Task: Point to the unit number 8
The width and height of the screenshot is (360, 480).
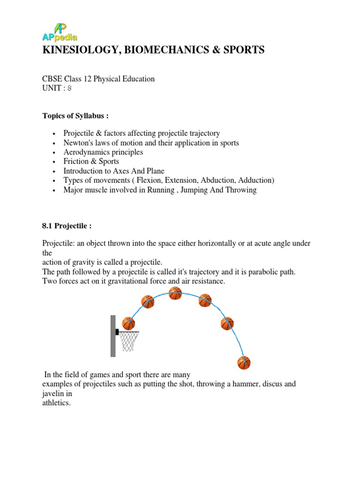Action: point(69,88)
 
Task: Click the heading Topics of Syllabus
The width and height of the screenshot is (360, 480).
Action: point(75,116)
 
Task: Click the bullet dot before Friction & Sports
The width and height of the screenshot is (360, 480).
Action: point(55,162)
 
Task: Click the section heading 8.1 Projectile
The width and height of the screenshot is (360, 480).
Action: point(67,226)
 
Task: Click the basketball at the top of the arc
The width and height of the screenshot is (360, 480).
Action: point(175,293)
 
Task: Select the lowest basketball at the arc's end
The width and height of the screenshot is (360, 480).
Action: point(244,362)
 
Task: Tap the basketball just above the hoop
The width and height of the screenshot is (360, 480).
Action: point(128,323)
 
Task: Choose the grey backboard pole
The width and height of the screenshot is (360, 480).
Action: point(113,336)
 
